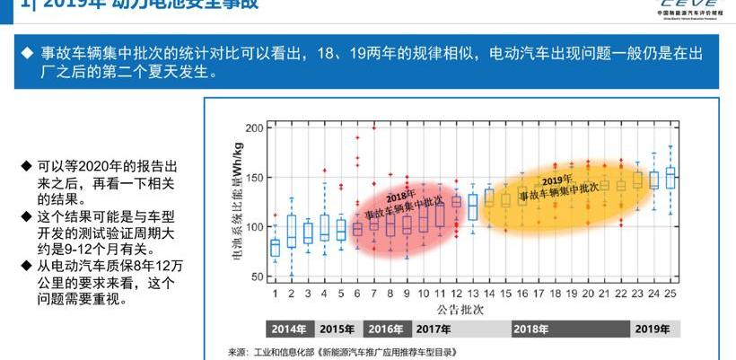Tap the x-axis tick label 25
[670, 294]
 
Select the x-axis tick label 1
[275, 294]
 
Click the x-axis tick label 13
[472, 294]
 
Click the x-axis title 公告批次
[472, 308]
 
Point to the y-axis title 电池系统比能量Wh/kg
[238, 201]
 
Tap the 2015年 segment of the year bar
[336, 329]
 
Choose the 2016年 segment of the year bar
[385, 329]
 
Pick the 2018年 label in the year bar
[530, 329]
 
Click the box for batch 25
[670, 176]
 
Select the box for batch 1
[275, 247]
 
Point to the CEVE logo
[692, 7]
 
